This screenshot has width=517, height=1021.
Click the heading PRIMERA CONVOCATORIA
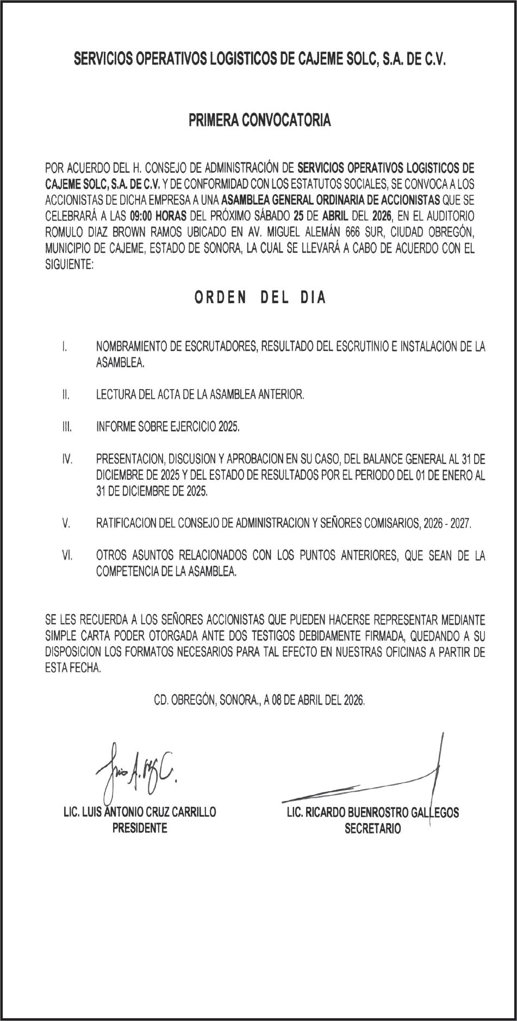[259, 121]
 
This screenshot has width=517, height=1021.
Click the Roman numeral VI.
[67, 555]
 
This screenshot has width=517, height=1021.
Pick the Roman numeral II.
[65, 395]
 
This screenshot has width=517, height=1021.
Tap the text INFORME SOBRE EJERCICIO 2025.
[167, 427]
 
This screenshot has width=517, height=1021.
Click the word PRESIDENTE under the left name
[140, 828]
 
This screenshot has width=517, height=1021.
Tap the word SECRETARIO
[372, 829]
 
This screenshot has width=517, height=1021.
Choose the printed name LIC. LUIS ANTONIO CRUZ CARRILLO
[140, 812]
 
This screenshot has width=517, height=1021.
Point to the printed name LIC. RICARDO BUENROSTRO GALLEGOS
[372, 813]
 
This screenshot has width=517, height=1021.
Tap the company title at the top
[259, 59]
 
